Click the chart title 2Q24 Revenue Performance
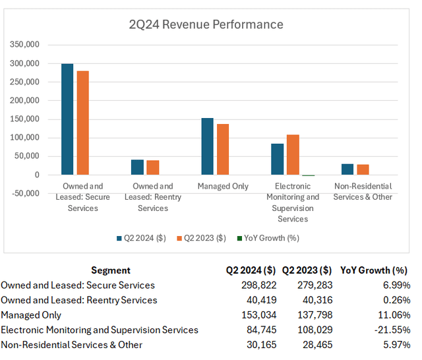pyautogui.click(x=206, y=24)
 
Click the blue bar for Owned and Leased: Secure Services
pyautogui.click(x=67, y=119)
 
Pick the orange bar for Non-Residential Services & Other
pyautogui.click(x=362, y=169)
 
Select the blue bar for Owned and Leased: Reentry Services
pyautogui.click(x=137, y=167)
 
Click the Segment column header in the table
pyautogui.click(x=111, y=270)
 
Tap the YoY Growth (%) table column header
pyautogui.click(x=374, y=270)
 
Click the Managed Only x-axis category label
pyautogui.click(x=223, y=187)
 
